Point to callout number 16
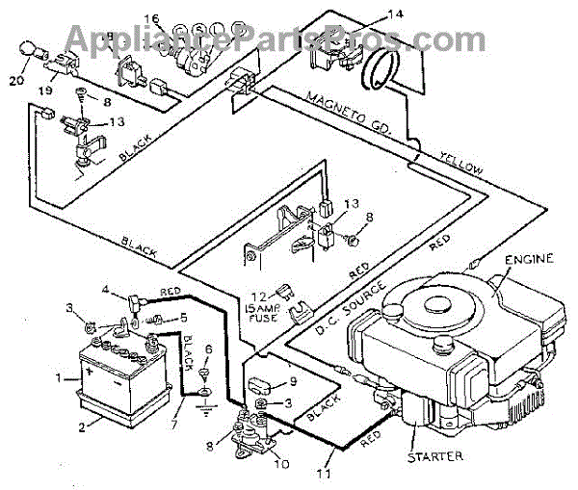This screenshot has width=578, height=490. click(x=151, y=19)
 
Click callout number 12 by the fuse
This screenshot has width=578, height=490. click(x=252, y=294)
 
